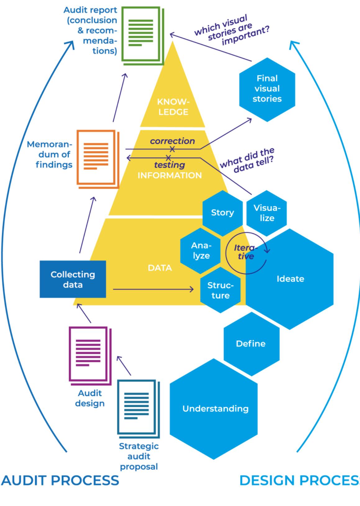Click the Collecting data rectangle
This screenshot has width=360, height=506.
(x=73, y=279)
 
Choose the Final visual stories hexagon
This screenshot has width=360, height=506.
(x=267, y=89)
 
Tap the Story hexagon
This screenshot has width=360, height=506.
(x=222, y=213)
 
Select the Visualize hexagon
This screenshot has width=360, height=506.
(x=267, y=213)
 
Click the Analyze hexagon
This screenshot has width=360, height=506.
(x=201, y=251)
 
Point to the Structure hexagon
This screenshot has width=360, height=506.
(x=220, y=290)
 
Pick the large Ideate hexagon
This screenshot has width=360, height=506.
(x=290, y=279)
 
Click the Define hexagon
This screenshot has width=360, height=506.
(x=251, y=344)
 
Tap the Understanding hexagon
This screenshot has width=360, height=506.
(x=215, y=408)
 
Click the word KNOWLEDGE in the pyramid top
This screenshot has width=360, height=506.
(x=173, y=107)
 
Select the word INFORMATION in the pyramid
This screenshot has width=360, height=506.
(x=169, y=175)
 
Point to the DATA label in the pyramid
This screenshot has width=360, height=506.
(x=160, y=268)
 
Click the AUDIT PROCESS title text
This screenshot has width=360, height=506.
(x=60, y=480)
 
